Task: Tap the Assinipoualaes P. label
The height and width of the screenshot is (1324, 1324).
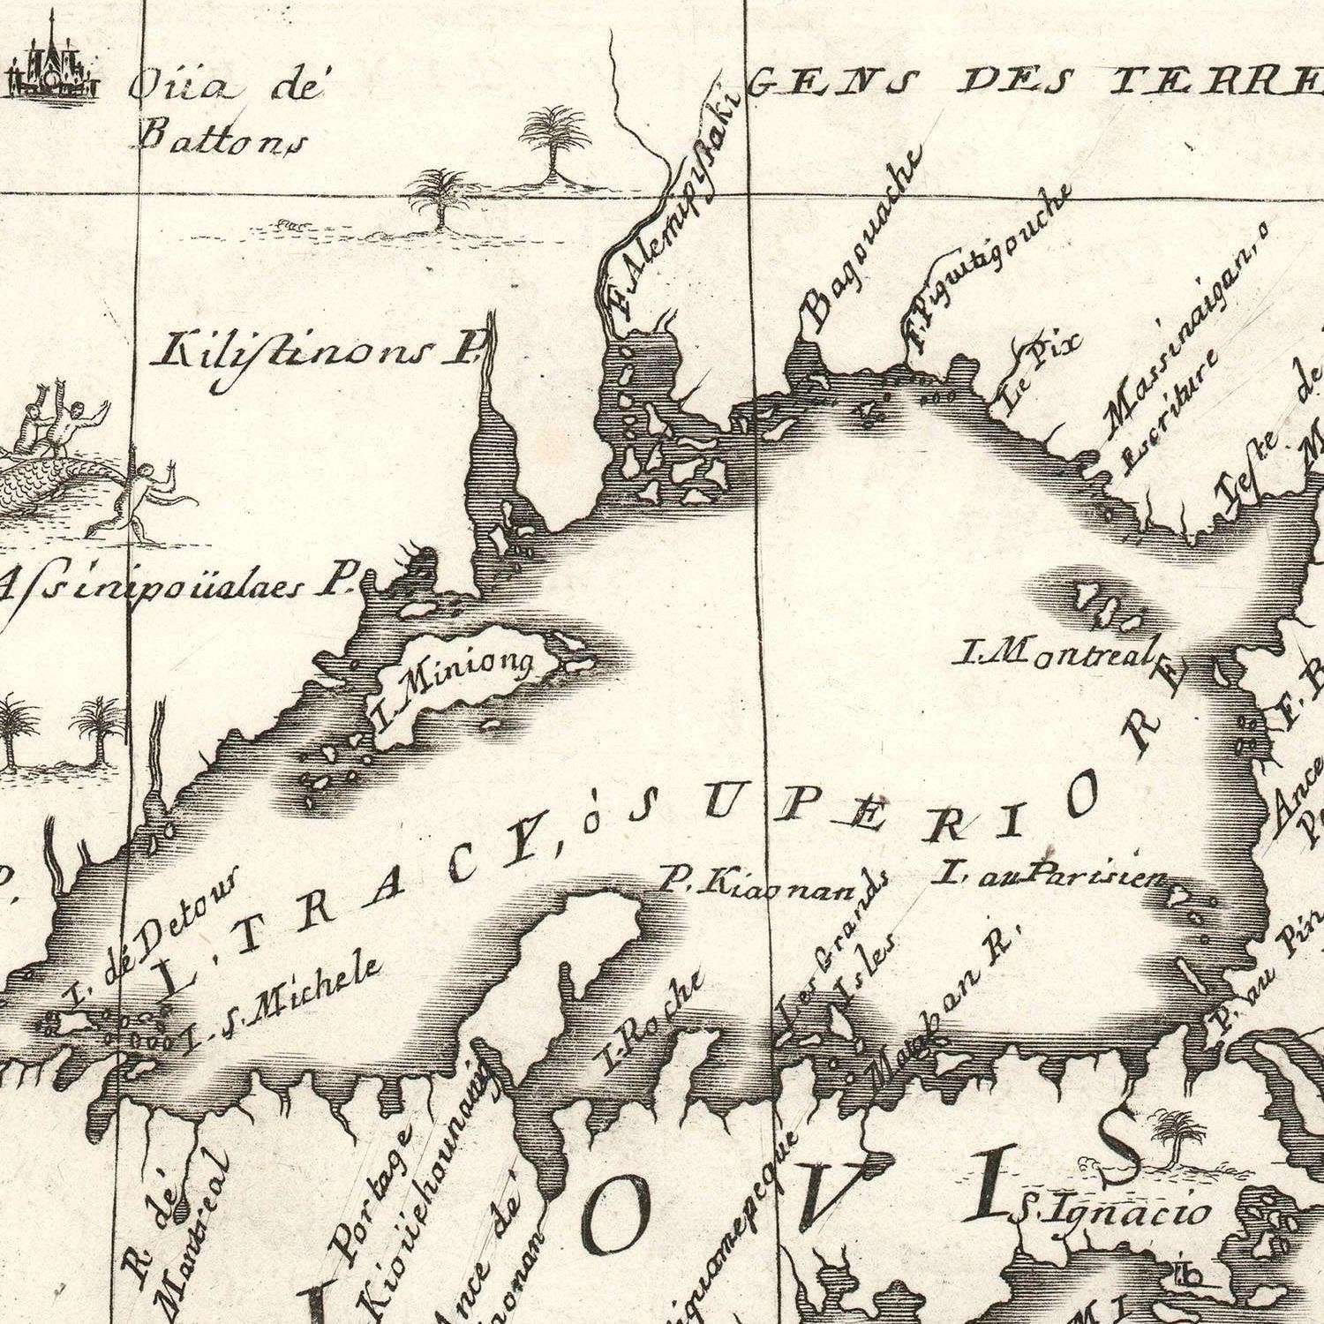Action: coord(173,587)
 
